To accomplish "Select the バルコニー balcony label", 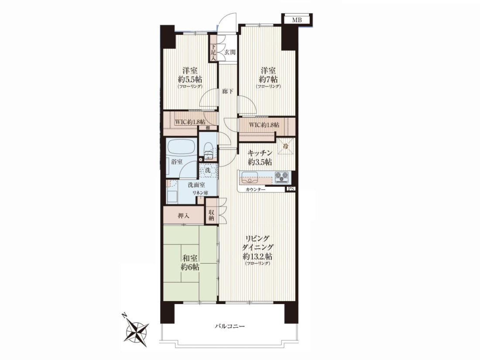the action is (230, 326).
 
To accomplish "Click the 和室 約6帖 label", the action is (190, 262).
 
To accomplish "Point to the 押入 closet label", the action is (183, 216).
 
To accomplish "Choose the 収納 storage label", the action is (211, 215).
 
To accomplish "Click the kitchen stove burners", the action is (281, 177).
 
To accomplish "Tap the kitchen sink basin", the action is (250, 177).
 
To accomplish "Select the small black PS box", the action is (291, 189).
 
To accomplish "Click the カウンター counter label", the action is (255, 190).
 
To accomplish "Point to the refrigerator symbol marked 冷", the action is (286, 147).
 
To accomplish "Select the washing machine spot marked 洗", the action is (208, 171).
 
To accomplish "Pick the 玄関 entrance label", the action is (230, 52).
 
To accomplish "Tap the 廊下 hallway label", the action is (227, 91).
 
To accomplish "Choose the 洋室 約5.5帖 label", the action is (190, 75).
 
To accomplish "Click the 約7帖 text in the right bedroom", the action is (268, 79).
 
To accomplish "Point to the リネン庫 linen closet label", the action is (200, 193).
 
